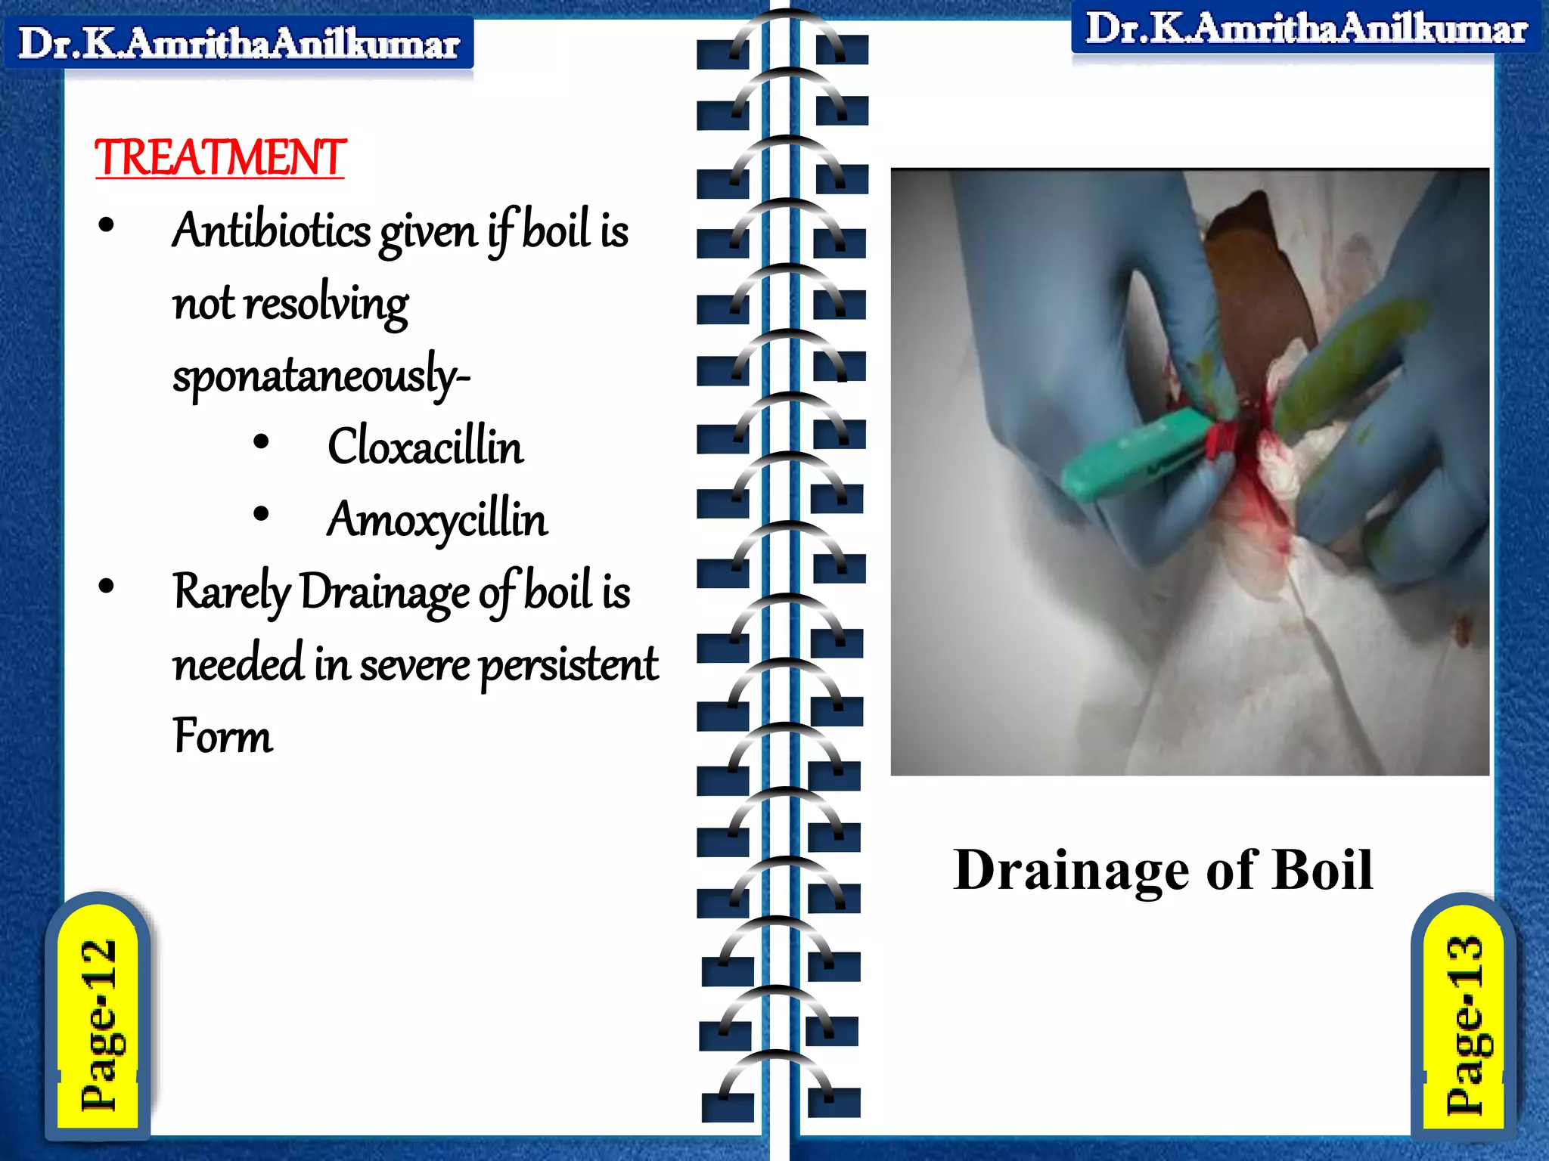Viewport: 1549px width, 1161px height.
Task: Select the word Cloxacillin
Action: click(425, 446)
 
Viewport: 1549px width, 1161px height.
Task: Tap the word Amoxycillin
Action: click(437, 520)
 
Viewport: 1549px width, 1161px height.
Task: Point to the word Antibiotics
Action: click(272, 230)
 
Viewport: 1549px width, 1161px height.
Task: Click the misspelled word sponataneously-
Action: click(321, 375)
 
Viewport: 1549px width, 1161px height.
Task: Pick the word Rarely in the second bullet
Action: click(231, 592)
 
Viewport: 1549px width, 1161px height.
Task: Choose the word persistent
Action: click(569, 665)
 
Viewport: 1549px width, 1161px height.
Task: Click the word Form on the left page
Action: click(222, 736)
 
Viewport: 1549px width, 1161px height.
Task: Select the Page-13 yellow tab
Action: click(1464, 1024)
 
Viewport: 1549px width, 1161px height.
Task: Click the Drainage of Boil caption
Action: click(1163, 870)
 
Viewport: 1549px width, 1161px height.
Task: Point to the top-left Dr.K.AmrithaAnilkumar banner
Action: click(239, 43)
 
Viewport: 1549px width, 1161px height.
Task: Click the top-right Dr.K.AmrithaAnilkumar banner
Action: click(1306, 29)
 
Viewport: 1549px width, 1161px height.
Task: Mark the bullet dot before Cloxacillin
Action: click(261, 442)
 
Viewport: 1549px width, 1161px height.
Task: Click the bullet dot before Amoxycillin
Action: click(261, 515)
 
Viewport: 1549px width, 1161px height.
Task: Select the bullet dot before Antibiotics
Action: click(106, 225)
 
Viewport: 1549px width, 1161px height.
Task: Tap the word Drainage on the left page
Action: click(384, 592)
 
